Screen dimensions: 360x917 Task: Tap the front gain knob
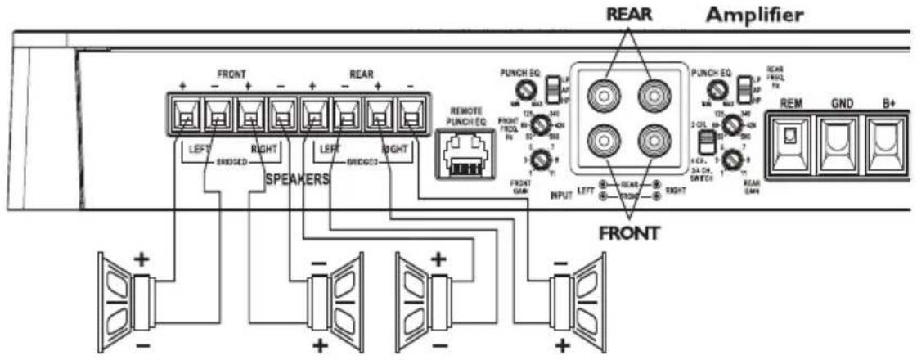(537, 159)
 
